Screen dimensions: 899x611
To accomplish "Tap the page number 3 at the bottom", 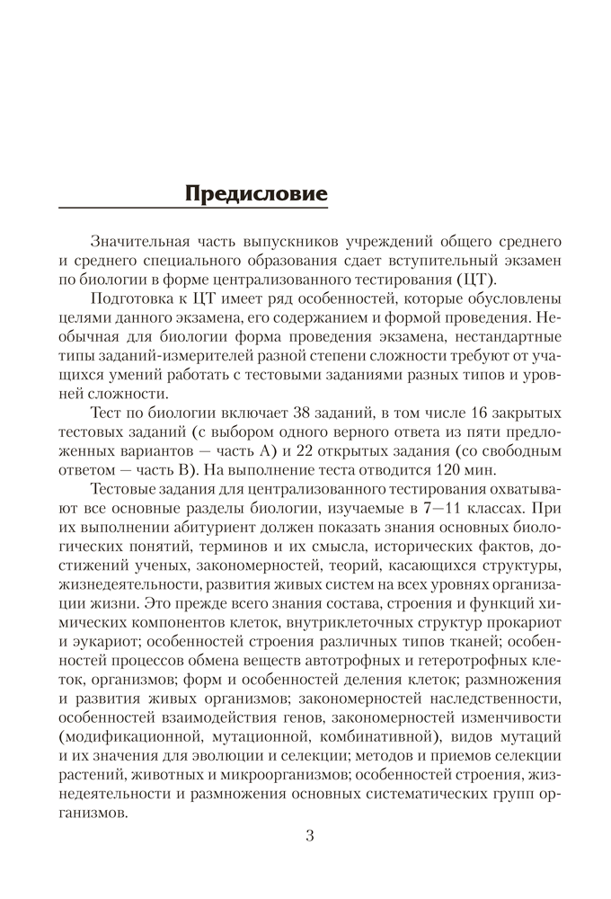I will point(310,836).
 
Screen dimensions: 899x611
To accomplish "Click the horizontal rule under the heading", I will point(194,209).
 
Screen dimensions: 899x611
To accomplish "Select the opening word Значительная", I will point(139,242).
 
